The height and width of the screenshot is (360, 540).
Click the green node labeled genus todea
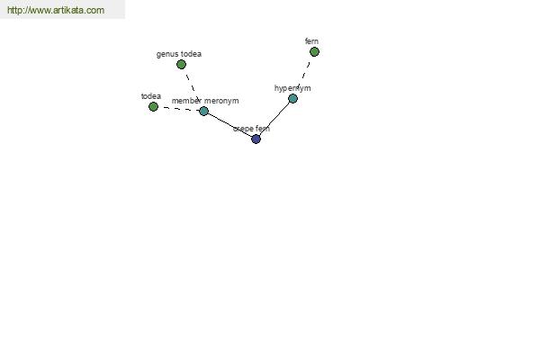point(181,65)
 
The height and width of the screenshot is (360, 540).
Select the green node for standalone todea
point(153,107)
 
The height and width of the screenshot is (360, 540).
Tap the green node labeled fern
point(314,52)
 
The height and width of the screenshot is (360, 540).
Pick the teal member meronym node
point(204,111)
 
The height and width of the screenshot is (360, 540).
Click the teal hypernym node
point(292,98)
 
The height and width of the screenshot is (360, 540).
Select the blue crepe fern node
point(256,139)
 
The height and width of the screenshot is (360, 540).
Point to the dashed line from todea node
point(181,109)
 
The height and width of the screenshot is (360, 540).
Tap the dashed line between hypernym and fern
point(304,74)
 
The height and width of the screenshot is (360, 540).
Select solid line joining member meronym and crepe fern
point(229,125)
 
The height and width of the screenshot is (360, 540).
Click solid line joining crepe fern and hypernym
point(274,119)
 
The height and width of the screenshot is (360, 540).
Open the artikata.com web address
point(56,10)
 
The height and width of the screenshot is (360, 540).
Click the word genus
point(166,54)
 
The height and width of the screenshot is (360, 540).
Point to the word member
point(186,101)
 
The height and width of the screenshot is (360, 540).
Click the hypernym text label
point(292,88)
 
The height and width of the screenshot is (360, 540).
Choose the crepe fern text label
point(251,129)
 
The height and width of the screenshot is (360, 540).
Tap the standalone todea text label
point(151,96)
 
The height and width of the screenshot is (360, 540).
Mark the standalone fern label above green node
point(311,41)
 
